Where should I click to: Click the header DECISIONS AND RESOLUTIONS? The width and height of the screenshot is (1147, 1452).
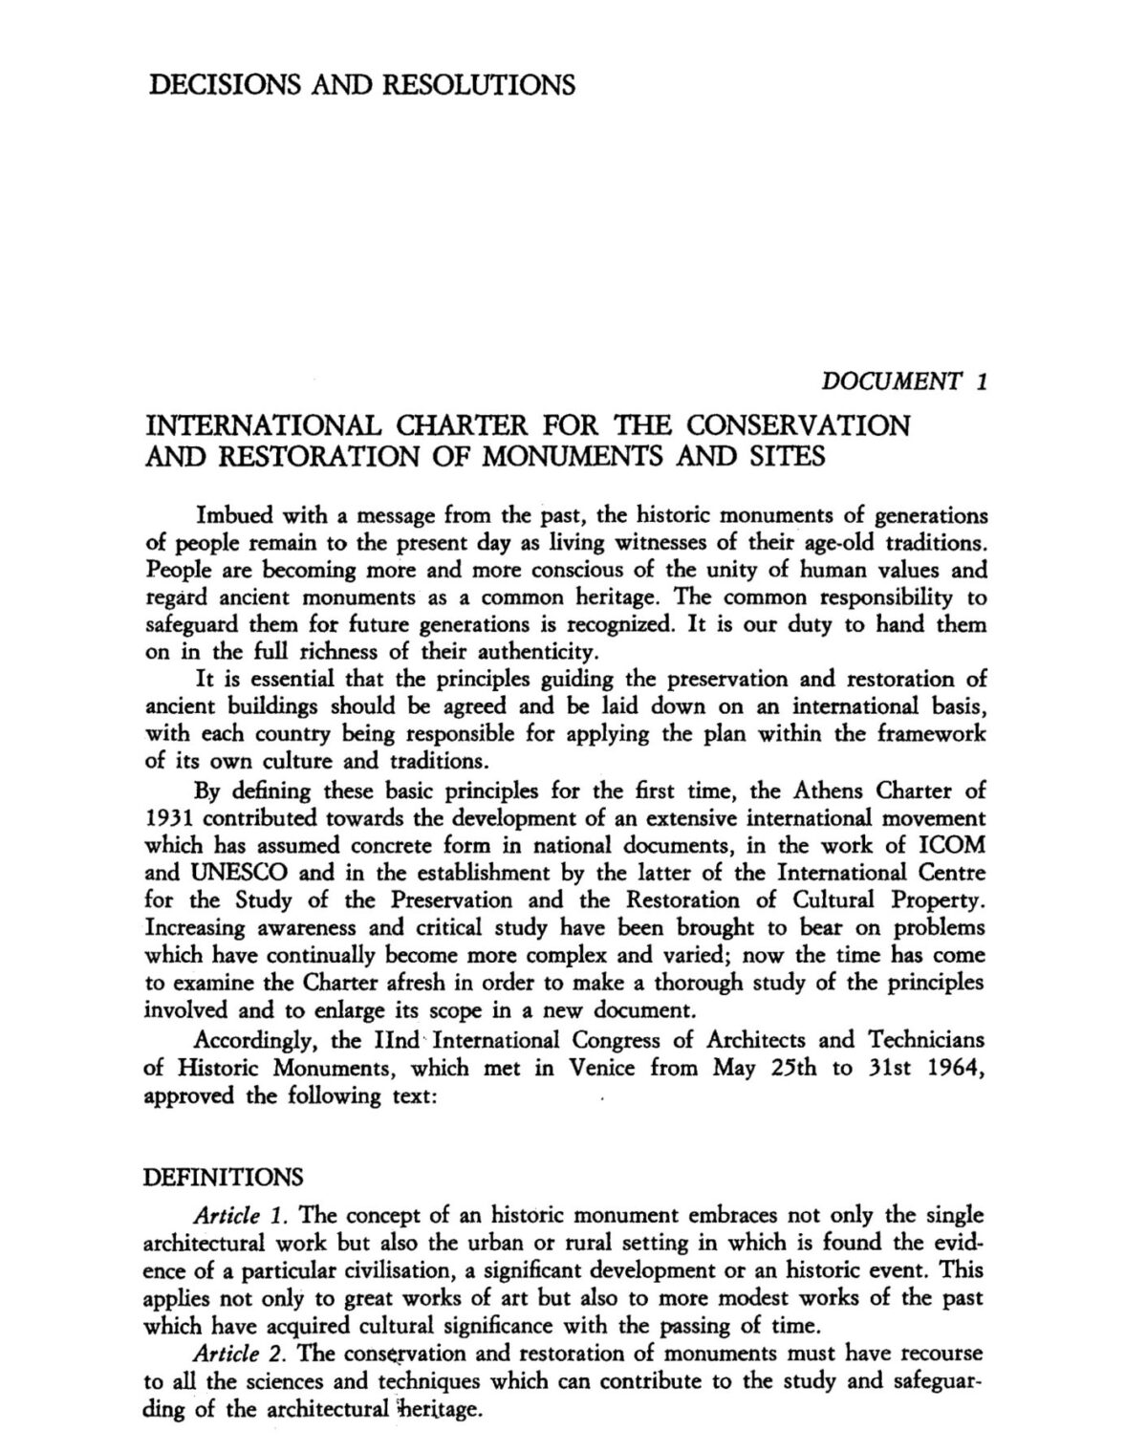click(x=362, y=85)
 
